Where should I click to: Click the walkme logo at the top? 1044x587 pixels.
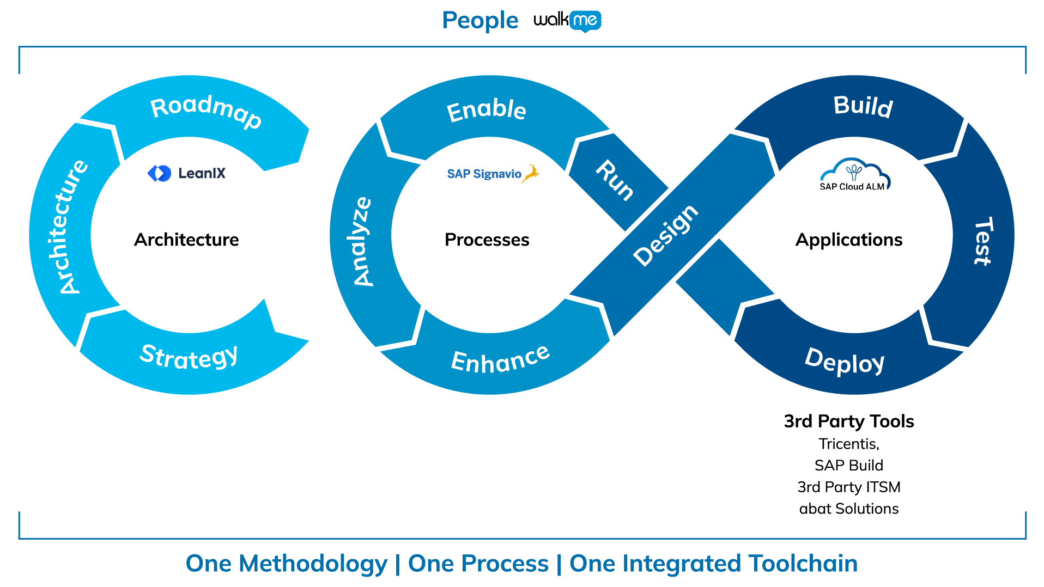click(567, 21)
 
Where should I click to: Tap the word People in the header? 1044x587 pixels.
click(480, 21)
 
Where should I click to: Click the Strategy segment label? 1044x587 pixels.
click(189, 357)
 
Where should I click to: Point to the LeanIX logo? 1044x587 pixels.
click(186, 173)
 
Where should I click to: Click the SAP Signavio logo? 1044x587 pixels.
click(493, 174)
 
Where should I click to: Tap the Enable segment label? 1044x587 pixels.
click(486, 110)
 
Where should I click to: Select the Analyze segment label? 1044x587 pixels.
click(362, 241)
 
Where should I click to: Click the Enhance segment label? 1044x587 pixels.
click(500, 359)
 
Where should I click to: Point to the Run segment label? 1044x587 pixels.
click(615, 180)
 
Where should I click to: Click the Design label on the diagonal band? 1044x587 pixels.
click(665, 235)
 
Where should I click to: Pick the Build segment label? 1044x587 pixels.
click(863, 106)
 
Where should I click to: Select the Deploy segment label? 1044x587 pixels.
click(845, 361)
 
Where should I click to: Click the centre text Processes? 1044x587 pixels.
click(487, 240)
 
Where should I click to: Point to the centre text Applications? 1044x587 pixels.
click(848, 240)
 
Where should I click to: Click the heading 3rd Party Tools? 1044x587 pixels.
click(848, 421)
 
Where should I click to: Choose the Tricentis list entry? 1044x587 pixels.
click(848, 444)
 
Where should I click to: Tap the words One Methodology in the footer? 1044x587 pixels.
click(286, 564)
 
